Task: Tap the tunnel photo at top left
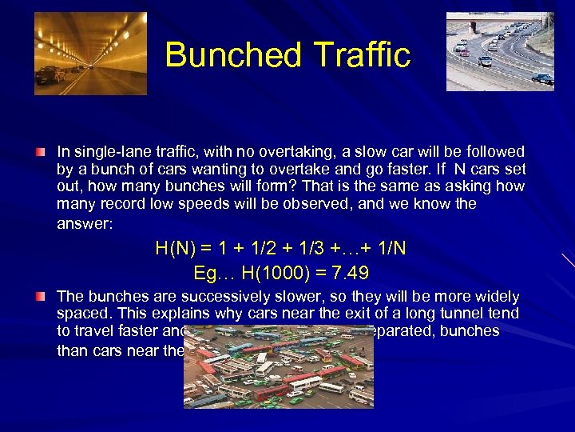pos(90,54)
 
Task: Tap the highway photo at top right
pos(499,51)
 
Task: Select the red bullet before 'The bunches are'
pos(39,297)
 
